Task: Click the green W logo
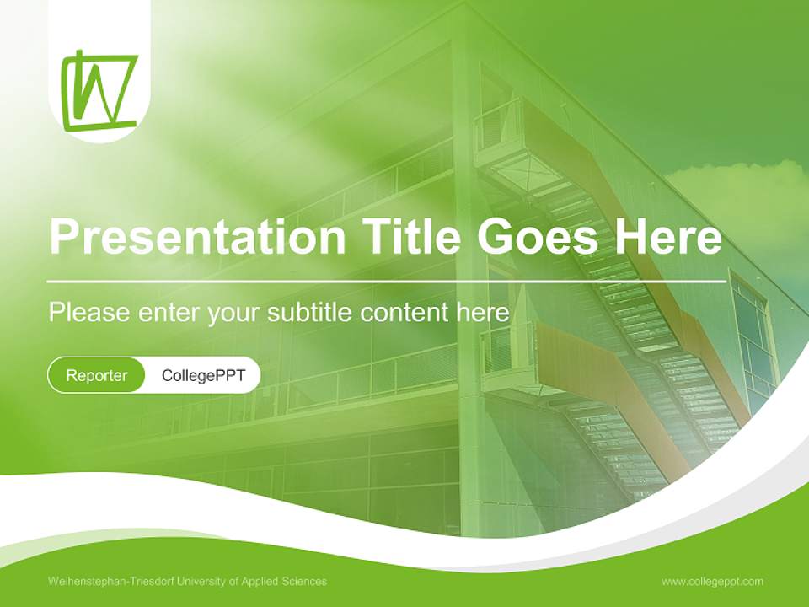[99, 91]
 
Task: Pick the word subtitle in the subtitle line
[310, 312]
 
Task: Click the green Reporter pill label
[97, 375]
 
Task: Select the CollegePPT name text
[203, 375]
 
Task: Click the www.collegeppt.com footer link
[712, 582]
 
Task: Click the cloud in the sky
[742, 190]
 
